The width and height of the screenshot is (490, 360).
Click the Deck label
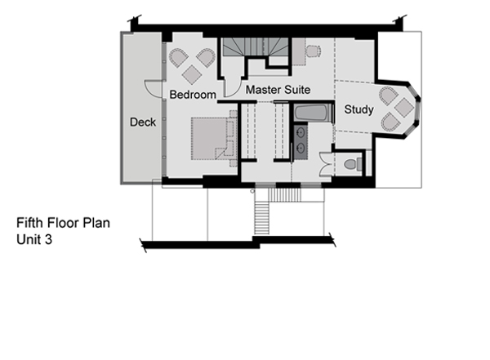(143, 122)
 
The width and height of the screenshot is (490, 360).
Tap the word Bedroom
(193, 95)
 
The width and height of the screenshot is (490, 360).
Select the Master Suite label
(278, 90)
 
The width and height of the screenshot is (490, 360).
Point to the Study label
(359, 109)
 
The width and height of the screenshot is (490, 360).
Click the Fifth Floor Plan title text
(63, 223)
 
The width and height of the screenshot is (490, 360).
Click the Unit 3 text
(34, 239)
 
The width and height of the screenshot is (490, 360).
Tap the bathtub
(312, 113)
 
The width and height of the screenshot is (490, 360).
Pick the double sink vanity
(301, 142)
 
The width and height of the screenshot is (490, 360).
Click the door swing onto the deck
(154, 89)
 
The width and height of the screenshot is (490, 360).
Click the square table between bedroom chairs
(192, 74)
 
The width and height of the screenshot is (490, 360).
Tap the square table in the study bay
(404, 108)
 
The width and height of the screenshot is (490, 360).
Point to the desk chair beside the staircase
(314, 51)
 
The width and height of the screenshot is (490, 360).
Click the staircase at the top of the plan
(256, 51)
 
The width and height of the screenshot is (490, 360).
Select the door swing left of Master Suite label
(233, 87)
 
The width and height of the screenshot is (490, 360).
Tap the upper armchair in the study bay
(389, 96)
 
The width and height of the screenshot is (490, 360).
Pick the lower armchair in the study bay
(390, 122)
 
